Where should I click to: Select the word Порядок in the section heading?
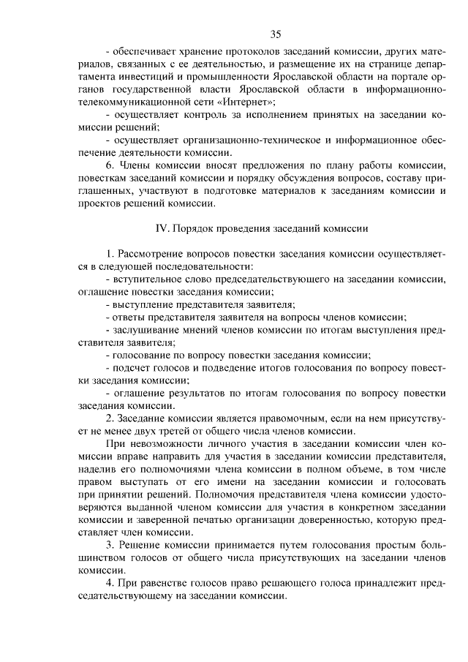(x=196, y=228)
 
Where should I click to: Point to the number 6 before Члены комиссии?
(x=108, y=166)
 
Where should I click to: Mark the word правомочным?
(x=278, y=419)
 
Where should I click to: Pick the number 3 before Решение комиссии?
(x=108, y=546)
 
